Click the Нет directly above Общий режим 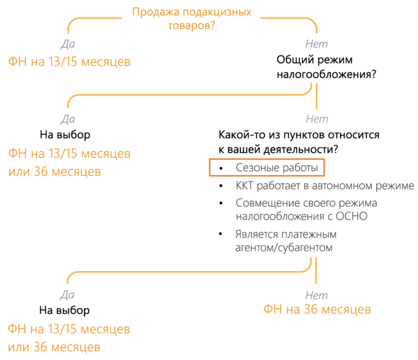click(316, 44)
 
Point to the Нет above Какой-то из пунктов click(317, 119)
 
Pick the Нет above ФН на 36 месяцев click(316, 295)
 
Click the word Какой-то click(240, 135)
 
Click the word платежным click(310, 234)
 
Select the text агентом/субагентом click(284, 247)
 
